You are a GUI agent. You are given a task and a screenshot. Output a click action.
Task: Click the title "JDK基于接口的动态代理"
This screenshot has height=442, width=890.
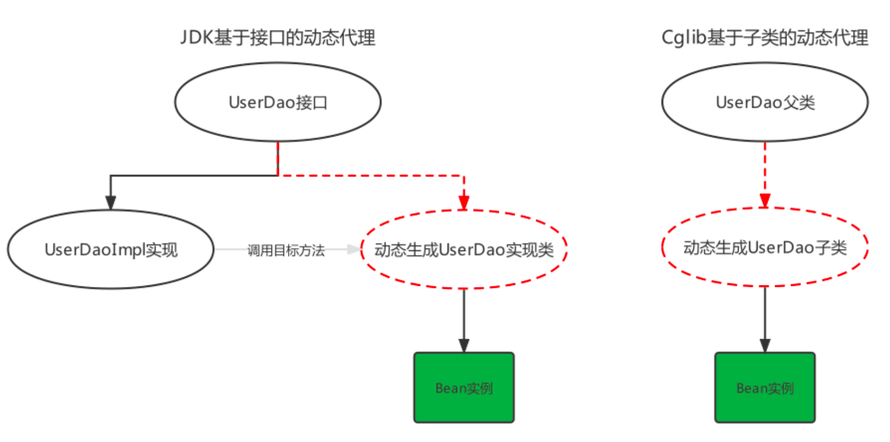coord(278,38)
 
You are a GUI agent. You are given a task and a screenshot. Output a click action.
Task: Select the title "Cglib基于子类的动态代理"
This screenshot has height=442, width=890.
coord(765,38)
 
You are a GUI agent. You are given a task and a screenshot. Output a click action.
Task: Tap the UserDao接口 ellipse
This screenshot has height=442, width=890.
coord(278,102)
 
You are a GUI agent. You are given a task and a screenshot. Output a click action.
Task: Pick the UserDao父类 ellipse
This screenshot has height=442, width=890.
coord(765,102)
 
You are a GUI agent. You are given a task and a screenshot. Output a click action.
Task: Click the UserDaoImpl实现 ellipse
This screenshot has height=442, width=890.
coord(111,249)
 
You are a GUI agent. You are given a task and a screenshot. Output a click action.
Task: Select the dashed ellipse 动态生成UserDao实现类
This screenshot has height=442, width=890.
coord(464,249)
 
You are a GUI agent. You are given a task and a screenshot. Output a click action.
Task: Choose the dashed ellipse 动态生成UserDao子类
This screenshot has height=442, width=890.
coord(765,247)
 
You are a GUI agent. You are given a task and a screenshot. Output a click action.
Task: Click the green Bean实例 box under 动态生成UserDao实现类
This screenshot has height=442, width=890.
coord(464,388)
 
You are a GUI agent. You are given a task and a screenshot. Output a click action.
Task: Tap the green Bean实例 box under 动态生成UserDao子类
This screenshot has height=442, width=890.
coord(765,388)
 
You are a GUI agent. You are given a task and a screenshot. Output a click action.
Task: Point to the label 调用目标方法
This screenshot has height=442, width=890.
coord(286,251)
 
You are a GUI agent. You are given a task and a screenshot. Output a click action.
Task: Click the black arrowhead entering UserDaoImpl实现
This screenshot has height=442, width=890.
coord(111,203)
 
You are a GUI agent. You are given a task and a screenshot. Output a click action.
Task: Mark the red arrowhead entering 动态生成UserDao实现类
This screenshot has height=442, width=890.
coord(464,203)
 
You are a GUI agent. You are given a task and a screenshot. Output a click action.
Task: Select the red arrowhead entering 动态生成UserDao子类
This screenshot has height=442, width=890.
coord(765,200)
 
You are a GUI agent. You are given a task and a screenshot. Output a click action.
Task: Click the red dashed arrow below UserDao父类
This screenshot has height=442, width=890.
coord(765,169)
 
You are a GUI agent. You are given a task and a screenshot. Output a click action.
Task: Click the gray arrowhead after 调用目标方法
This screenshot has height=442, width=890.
coord(353,249)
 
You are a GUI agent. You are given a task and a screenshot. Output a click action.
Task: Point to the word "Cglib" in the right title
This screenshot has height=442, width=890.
coord(683,38)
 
